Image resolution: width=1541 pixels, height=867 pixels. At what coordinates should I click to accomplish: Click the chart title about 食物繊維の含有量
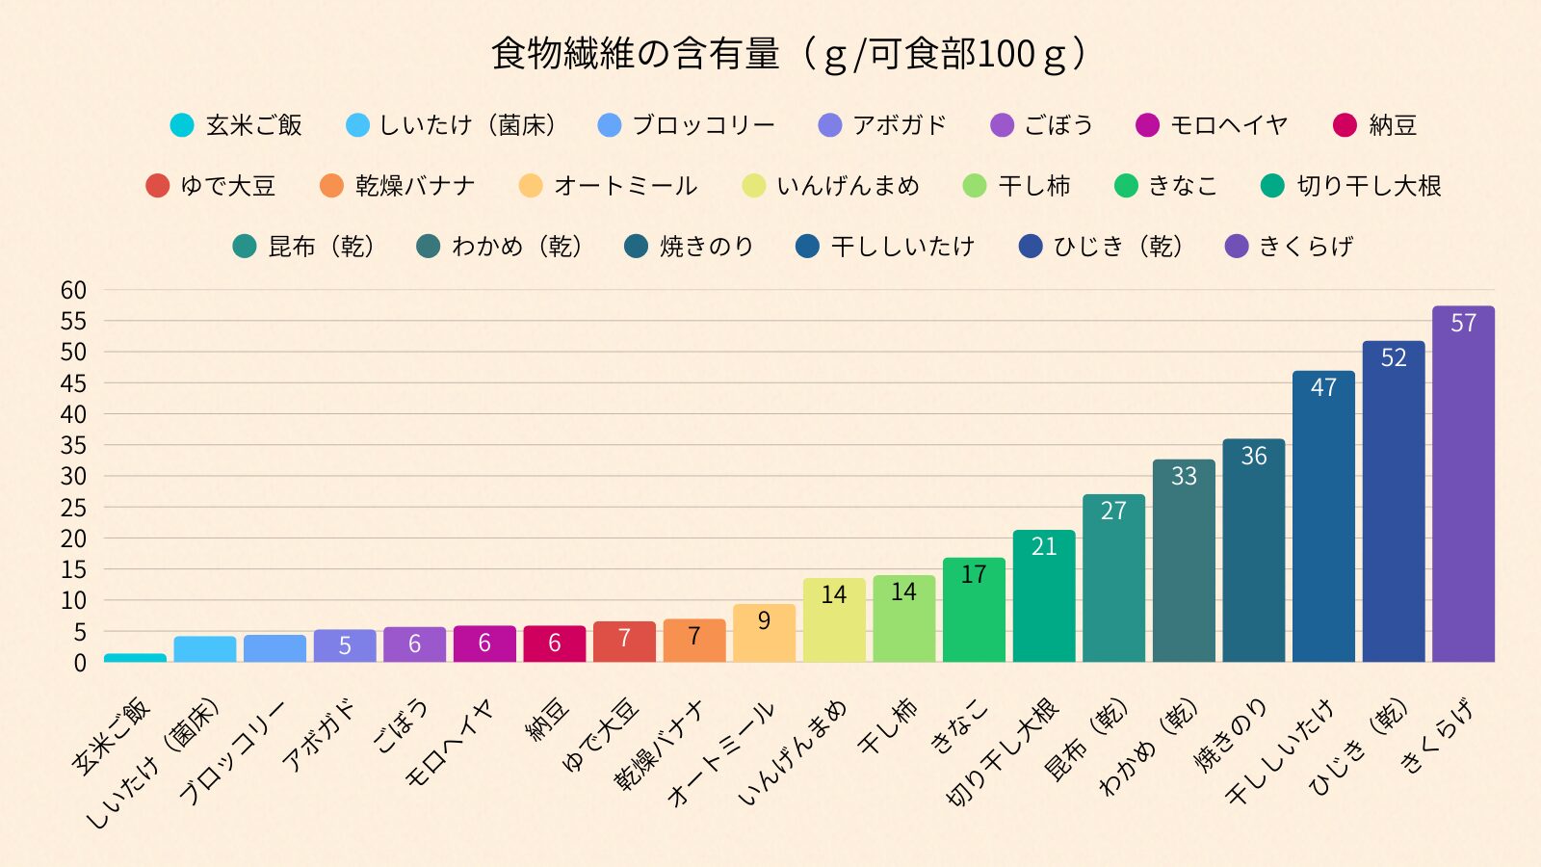(790, 54)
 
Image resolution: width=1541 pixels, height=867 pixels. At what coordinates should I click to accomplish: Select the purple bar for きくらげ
(1463, 491)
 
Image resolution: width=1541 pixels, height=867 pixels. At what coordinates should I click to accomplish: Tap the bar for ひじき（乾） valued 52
(1393, 511)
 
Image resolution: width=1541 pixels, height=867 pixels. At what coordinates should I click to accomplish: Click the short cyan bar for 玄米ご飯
(135, 658)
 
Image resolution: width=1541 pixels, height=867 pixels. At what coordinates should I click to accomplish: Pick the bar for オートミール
(764, 636)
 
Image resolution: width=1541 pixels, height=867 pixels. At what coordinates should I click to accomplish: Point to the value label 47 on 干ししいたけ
(1323, 387)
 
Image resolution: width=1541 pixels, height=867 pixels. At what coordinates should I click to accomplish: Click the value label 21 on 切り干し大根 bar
(1044, 546)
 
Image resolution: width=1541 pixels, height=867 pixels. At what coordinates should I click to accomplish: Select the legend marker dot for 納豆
(1345, 125)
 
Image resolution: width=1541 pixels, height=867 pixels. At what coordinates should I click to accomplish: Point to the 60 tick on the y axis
(74, 290)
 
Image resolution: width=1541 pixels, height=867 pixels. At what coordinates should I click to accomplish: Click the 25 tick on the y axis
(74, 508)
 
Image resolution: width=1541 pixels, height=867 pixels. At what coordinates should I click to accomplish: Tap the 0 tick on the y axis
(80, 663)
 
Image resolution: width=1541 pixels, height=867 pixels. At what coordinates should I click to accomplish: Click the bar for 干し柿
(903, 621)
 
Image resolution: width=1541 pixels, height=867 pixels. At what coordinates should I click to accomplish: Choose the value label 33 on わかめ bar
(1184, 476)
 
